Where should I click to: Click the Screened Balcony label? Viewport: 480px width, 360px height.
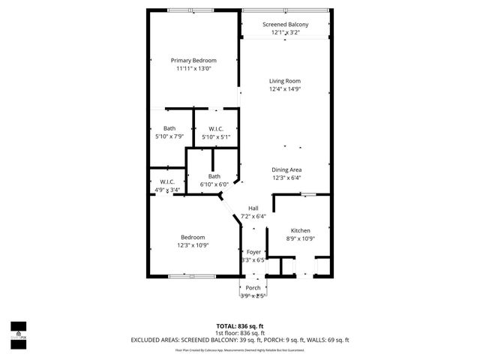[285, 25]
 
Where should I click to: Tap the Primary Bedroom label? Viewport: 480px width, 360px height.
[193, 61]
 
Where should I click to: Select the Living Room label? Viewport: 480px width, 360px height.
[285, 81]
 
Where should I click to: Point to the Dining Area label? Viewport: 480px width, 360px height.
[286, 169]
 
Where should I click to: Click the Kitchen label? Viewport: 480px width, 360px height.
[300, 230]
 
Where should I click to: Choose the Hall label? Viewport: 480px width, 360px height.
[253, 208]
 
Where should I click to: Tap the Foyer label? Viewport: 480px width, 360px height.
[254, 252]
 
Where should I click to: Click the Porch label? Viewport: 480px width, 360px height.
[253, 288]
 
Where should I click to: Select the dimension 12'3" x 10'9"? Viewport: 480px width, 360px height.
[193, 245]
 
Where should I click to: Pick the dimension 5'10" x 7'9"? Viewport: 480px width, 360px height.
[169, 137]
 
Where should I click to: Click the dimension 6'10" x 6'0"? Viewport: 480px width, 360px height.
[214, 184]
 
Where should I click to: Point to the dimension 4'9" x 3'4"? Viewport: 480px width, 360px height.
[167, 190]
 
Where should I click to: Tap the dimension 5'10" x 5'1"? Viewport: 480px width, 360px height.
[216, 137]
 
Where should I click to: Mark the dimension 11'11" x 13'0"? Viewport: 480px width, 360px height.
[193, 69]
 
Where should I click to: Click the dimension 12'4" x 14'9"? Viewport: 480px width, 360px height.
[285, 89]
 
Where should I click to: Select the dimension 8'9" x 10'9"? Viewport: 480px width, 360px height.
[300, 238]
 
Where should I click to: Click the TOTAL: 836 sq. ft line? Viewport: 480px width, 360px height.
[239, 326]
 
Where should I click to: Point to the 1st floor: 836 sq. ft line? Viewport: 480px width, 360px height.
[239, 333]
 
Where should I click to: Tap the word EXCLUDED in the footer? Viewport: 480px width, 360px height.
[147, 340]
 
